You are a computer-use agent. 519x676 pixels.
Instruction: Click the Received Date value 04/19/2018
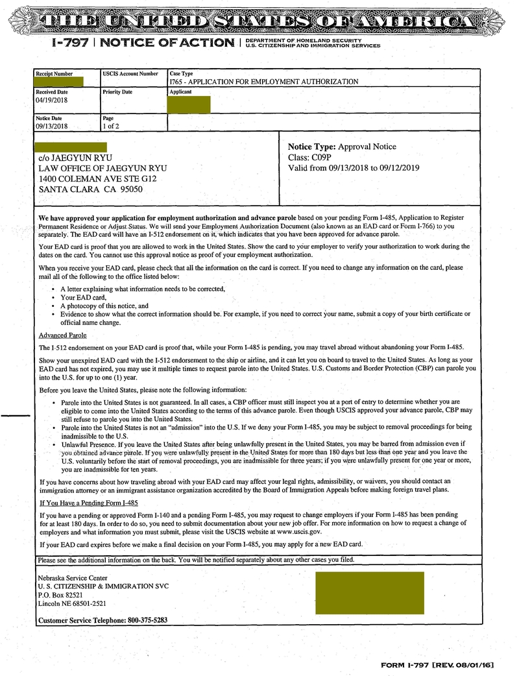52,101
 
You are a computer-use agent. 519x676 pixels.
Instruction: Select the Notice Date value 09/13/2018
52,127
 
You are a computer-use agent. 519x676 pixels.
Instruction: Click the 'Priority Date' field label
117,92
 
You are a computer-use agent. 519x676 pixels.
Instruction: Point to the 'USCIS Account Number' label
130,74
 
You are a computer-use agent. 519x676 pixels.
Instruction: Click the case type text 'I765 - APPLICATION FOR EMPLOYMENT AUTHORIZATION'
263,82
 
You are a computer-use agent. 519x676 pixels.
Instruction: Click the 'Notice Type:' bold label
311,147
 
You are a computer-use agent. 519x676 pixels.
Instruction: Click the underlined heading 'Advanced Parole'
63,335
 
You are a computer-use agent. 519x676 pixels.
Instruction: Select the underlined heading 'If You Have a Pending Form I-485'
88,503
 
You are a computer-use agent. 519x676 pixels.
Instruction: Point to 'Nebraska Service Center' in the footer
73,578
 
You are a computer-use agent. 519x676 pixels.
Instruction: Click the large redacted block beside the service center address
369,593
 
